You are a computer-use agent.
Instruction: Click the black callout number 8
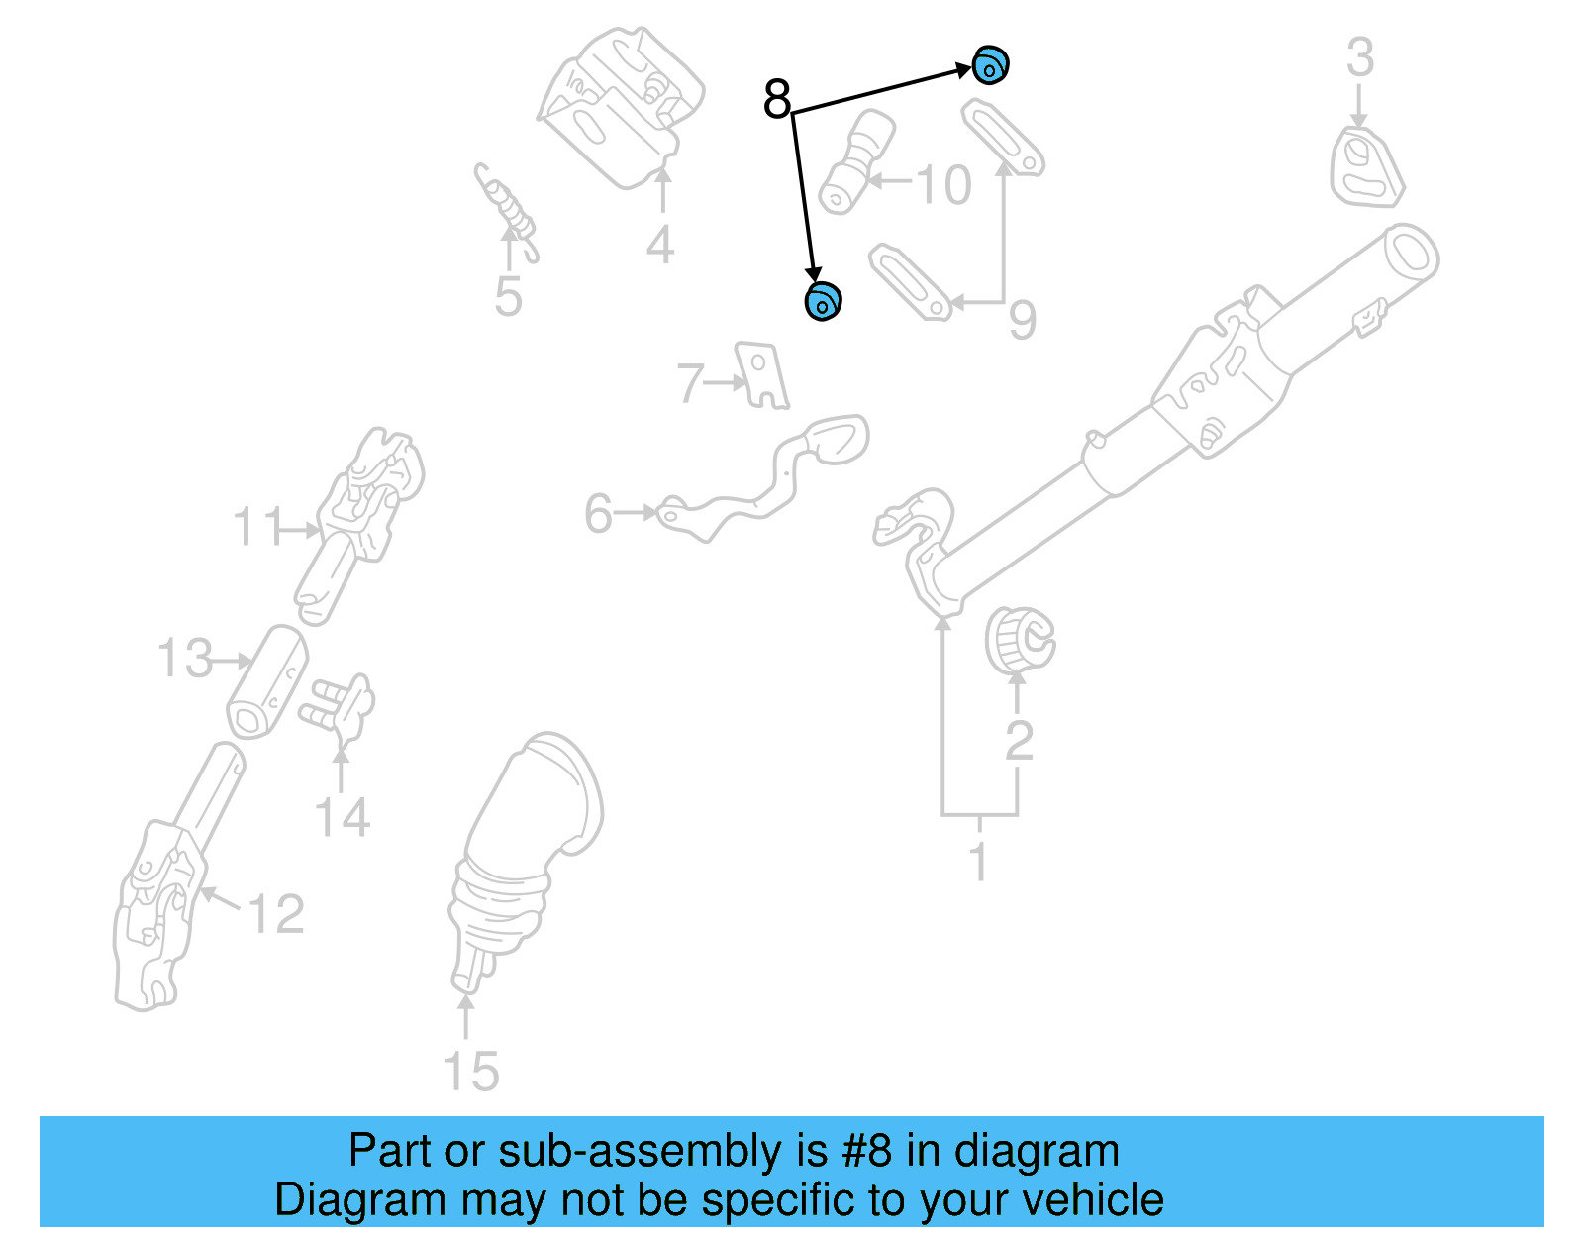pyautogui.click(x=778, y=99)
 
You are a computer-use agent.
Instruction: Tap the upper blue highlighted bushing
pyautogui.click(x=989, y=66)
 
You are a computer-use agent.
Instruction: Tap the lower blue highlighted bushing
pyautogui.click(x=823, y=301)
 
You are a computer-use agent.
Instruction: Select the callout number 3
pyautogui.click(x=1360, y=57)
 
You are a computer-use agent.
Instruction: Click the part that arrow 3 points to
pyautogui.click(x=1365, y=168)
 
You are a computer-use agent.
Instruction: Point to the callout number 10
pyautogui.click(x=942, y=185)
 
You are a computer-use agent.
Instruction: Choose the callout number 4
pyautogui.click(x=660, y=244)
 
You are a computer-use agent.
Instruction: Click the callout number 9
pyautogui.click(x=1023, y=319)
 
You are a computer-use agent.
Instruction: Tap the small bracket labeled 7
pyautogui.click(x=762, y=375)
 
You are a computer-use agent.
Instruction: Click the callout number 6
pyautogui.click(x=598, y=514)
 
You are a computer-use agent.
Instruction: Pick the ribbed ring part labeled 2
pyautogui.click(x=1019, y=640)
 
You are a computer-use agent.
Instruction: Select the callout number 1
pyautogui.click(x=978, y=862)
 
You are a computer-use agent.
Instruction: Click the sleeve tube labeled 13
pyautogui.click(x=267, y=681)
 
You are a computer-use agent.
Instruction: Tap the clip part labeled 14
pyautogui.click(x=341, y=706)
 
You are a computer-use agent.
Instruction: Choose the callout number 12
pyautogui.click(x=275, y=913)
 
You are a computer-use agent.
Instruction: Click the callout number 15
pyautogui.click(x=470, y=1072)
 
